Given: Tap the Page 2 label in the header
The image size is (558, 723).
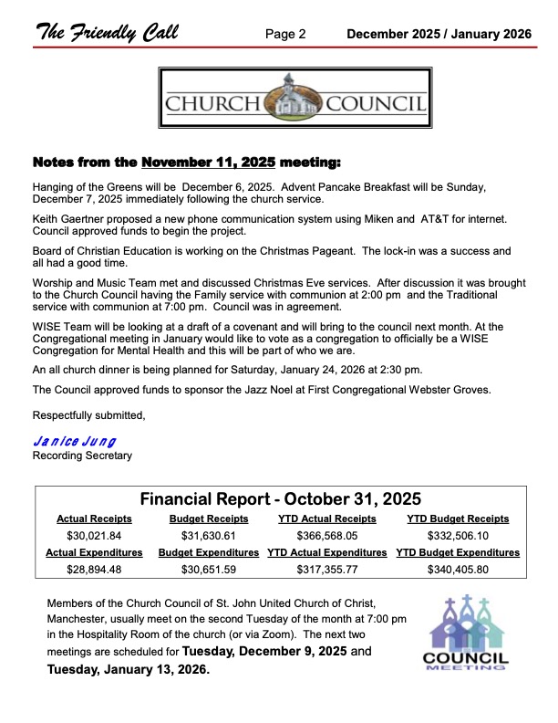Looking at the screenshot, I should click(285, 34).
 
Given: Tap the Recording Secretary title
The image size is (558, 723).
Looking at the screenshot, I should click(82, 455).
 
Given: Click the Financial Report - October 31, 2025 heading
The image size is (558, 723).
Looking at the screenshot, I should click(281, 498).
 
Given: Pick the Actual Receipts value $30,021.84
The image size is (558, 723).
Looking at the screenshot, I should click(95, 535).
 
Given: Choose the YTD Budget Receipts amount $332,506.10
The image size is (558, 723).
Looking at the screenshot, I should click(458, 535).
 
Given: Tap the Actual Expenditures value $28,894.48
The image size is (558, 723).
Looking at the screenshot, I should click(95, 570).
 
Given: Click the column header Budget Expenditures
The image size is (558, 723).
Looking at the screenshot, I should click(209, 552).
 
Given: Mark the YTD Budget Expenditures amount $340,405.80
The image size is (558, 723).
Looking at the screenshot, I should click(458, 570).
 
